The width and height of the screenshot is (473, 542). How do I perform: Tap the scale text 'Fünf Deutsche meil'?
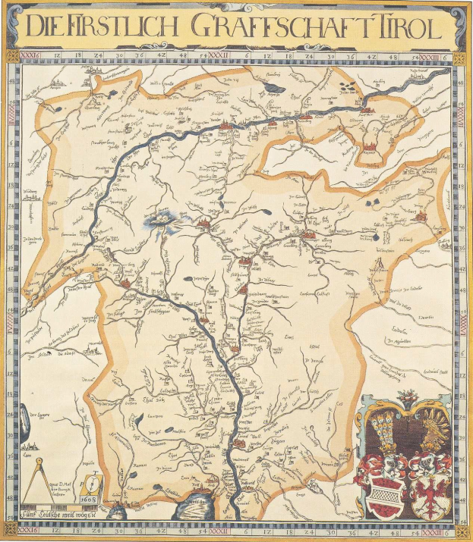(x=57, y=518)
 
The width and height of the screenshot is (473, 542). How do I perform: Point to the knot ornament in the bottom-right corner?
(x=461, y=531)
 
